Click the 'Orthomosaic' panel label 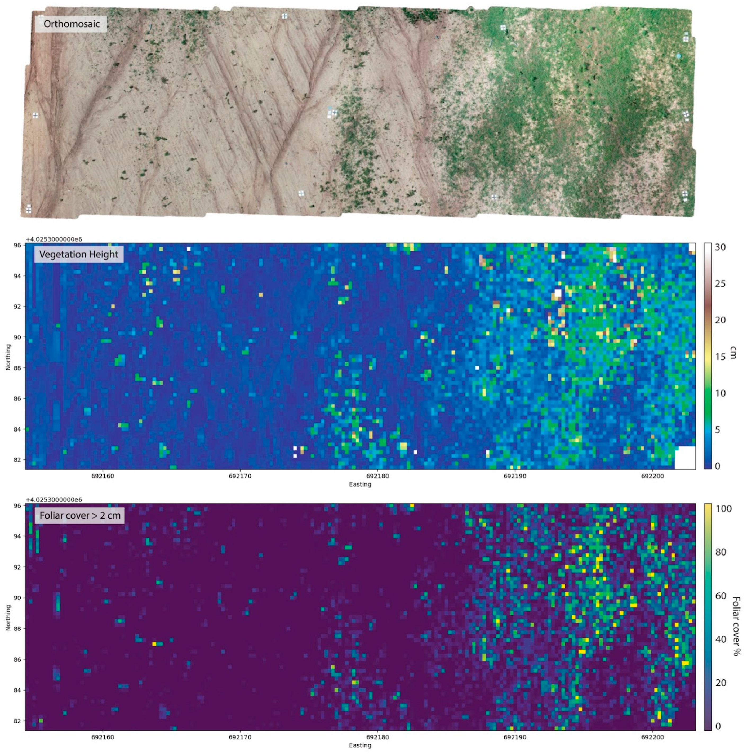pyautogui.click(x=72, y=24)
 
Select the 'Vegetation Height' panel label pyautogui.click(x=78, y=254)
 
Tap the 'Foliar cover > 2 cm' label pyautogui.click(x=80, y=516)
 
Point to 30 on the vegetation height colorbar pyautogui.click(x=720, y=247)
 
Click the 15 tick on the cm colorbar pyautogui.click(x=720, y=356)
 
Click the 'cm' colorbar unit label pyautogui.click(x=733, y=353)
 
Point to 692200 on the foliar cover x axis pyautogui.click(x=652, y=737)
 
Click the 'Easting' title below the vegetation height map pyautogui.click(x=360, y=484)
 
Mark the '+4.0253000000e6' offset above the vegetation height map pyautogui.click(x=54, y=239)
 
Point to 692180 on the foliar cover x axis pyautogui.click(x=377, y=737)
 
